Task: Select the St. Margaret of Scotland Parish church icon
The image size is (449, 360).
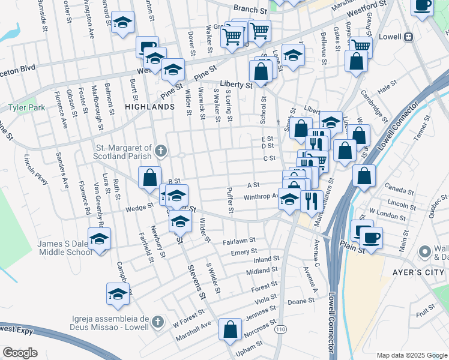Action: pos(160,149)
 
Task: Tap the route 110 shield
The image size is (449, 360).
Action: pos(280,329)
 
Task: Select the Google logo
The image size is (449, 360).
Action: pos(20,352)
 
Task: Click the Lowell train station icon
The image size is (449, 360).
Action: pos(409,37)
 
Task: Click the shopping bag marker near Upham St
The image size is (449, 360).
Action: pos(230,329)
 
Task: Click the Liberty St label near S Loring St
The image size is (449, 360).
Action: pos(236,85)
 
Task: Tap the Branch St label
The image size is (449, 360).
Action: pos(250,10)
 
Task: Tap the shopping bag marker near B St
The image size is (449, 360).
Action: pos(149,178)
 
